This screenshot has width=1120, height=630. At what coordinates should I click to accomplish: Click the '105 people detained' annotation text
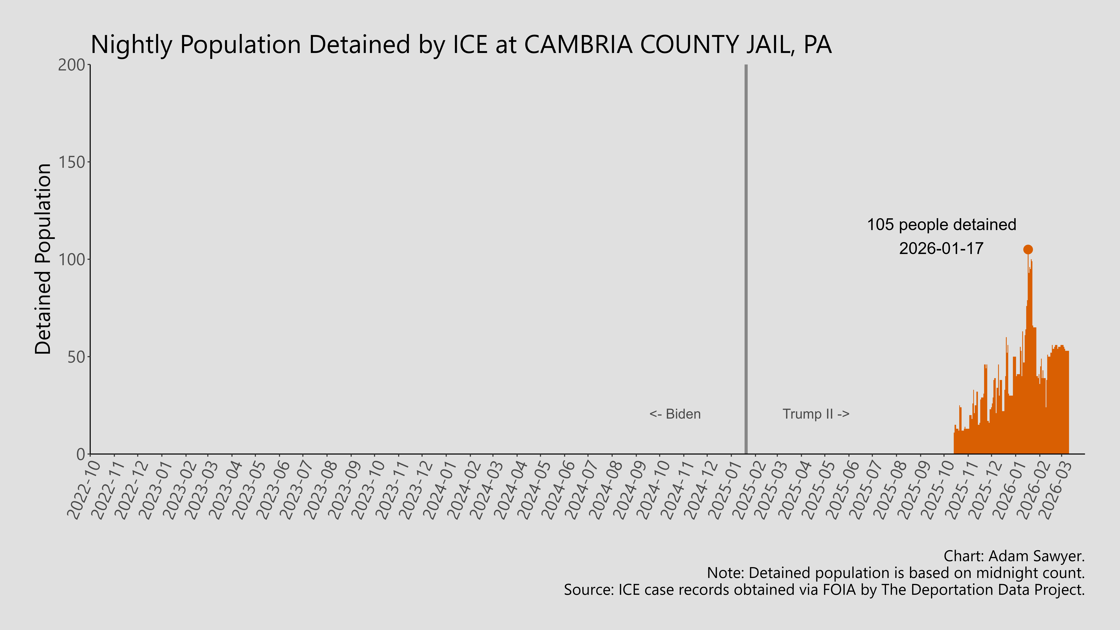tap(941, 225)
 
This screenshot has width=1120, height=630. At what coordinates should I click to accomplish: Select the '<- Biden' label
tap(675, 414)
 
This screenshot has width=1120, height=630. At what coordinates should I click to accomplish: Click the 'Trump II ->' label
tap(816, 414)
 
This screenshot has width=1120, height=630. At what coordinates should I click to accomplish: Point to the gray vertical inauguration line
tap(746, 261)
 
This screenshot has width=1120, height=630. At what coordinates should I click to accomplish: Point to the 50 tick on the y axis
tap(76, 357)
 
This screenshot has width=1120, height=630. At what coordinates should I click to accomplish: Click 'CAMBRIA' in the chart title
tap(578, 45)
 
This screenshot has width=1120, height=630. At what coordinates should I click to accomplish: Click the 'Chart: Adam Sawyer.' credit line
tap(1014, 556)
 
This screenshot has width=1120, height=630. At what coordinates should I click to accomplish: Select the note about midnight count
tap(896, 573)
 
